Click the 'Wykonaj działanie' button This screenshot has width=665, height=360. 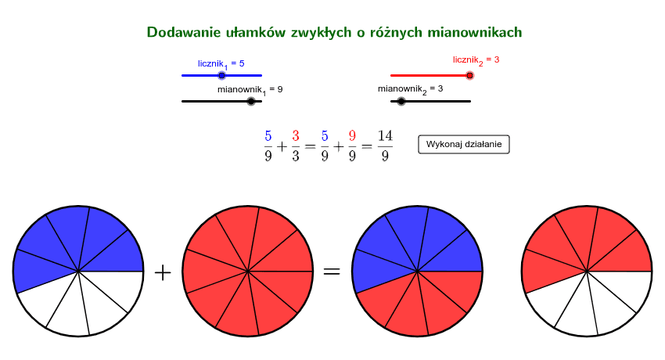coord(464,144)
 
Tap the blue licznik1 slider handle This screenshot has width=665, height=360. coord(222,75)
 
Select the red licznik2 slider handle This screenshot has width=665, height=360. coord(469,75)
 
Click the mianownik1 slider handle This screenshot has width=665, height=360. coord(251,101)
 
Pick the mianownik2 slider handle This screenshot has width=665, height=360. coord(401,101)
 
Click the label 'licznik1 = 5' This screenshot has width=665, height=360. coord(221,64)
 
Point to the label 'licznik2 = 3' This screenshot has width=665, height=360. coord(476,60)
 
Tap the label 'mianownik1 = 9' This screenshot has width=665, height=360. coord(250,90)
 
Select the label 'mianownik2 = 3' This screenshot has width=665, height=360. coord(410,89)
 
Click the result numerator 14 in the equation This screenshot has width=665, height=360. coord(385,136)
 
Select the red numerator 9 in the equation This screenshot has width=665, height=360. coord(352,136)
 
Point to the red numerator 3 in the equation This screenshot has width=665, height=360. coord(296,136)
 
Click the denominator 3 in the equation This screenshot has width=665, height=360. coord(296,156)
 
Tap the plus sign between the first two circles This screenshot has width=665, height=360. coord(163,272)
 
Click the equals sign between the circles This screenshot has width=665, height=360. coord(332,272)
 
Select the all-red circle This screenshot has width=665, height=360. coord(248,272)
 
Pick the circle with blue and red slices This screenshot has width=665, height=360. coord(417,272)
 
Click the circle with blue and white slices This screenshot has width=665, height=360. coord(78,272)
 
